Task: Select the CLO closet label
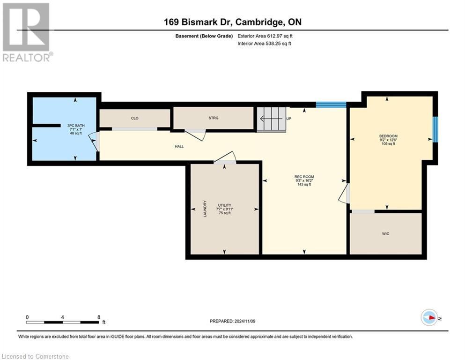pyautogui.click(x=134, y=118)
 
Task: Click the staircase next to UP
pyautogui.click(x=271, y=119)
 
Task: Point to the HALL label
pyautogui.click(x=179, y=146)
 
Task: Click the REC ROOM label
pyautogui.click(x=304, y=177)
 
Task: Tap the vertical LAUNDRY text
pyautogui.click(x=205, y=209)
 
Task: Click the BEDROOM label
pyautogui.click(x=388, y=136)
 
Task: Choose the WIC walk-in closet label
pyautogui.click(x=385, y=233)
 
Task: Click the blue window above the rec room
pyautogui.click(x=331, y=105)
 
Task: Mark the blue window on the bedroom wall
pyautogui.click(x=435, y=129)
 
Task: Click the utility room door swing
pyautogui.click(x=226, y=157)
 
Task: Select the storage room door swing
pyautogui.click(x=196, y=135)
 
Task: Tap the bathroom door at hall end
pyautogui.click(x=96, y=141)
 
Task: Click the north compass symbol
pyautogui.click(x=429, y=317)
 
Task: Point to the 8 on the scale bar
pyautogui.click(x=98, y=317)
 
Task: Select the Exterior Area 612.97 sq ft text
pyautogui.click(x=265, y=36)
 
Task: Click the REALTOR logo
pyautogui.click(x=26, y=32)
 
